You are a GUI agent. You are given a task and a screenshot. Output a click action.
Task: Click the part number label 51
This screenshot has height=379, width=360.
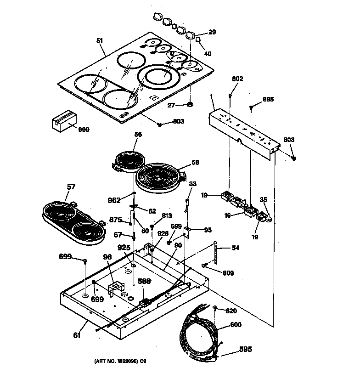pos(100,40)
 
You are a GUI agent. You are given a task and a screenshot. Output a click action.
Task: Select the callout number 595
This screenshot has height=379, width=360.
pos(245,350)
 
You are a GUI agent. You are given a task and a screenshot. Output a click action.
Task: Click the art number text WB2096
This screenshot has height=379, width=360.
pos(120,361)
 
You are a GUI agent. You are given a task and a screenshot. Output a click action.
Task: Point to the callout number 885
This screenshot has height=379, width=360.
pos(268,99)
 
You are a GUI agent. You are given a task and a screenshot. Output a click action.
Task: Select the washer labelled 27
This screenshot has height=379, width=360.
pos(189,106)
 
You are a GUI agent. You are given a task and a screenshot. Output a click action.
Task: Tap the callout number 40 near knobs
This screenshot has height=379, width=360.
pos(208,54)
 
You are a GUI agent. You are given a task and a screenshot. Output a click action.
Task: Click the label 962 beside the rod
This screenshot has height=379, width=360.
pos(114,200)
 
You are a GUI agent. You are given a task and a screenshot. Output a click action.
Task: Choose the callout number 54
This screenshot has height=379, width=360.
pos(235,248)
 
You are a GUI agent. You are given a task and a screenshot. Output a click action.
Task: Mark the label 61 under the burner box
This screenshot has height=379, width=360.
pos(76,335)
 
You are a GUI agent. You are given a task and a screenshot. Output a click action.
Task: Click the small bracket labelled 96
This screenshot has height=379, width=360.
pos(118,288)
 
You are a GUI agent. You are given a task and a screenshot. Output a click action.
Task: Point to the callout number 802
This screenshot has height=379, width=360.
pos(237,79)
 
